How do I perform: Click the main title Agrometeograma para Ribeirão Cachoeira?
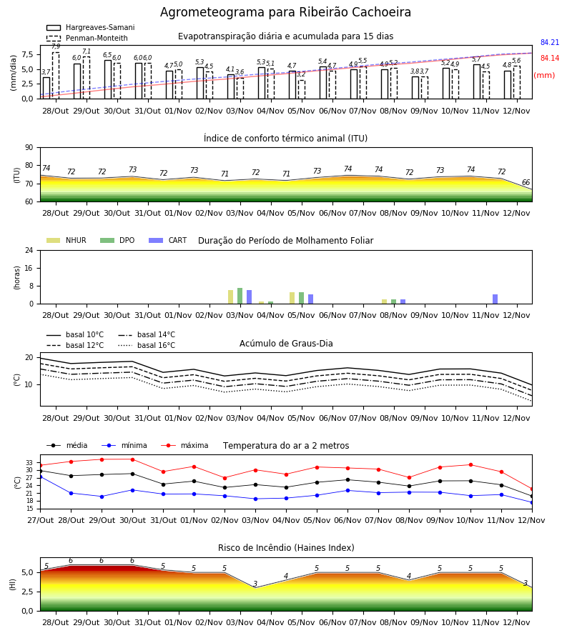[x=285, y=12]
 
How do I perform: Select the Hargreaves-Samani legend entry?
[x=91, y=27]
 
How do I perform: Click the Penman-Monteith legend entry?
[x=87, y=38]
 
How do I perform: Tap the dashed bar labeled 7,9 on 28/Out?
[x=56, y=76]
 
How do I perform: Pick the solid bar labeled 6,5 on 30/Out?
[x=108, y=79]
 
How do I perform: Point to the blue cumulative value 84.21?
[x=550, y=43]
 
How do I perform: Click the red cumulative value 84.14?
[x=550, y=59]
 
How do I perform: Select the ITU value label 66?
[x=526, y=182]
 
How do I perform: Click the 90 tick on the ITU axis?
[x=29, y=148]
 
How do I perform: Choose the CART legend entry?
[x=168, y=240]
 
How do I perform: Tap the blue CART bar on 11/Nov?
[x=495, y=299]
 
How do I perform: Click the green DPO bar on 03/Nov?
[x=240, y=296]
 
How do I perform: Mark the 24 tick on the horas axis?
[x=29, y=250]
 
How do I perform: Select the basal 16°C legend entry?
[x=147, y=345]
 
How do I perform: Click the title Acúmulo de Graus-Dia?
[x=286, y=344]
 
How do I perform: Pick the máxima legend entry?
[x=184, y=445]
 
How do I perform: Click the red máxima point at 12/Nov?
[x=532, y=489]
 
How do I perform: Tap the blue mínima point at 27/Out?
[x=41, y=477]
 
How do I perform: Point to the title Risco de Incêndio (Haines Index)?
[x=286, y=548]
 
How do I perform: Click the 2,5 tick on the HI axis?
[x=27, y=592]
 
